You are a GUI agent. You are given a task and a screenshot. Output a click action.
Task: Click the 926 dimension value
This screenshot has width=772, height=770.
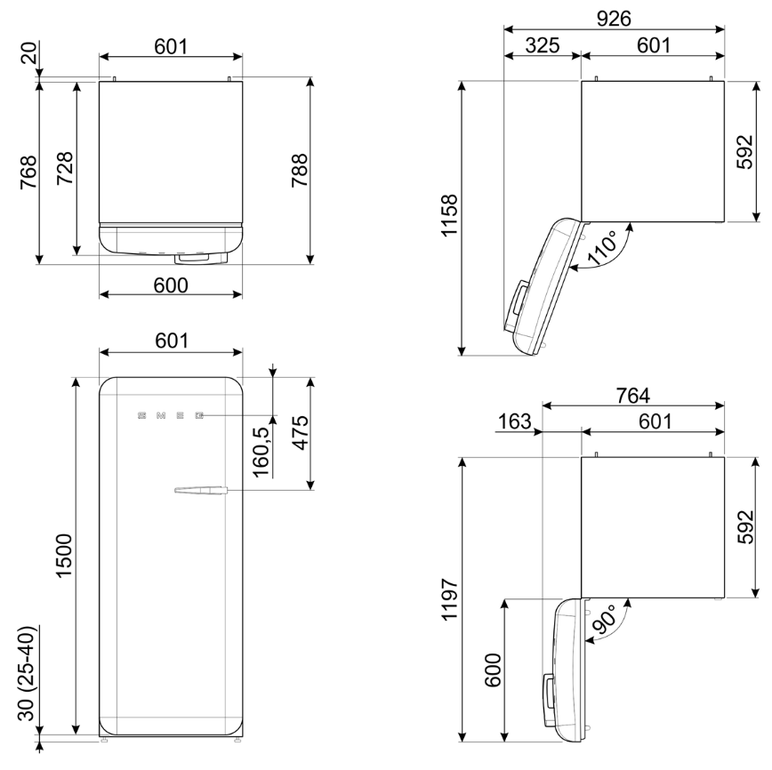click(614, 19)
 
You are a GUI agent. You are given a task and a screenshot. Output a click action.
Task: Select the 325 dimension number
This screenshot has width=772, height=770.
click(542, 45)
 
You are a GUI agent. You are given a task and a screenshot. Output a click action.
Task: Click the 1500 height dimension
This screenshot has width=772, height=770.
click(65, 556)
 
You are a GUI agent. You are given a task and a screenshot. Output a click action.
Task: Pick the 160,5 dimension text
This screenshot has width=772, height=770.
click(261, 452)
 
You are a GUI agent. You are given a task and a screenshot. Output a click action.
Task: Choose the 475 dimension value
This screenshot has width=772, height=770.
click(300, 433)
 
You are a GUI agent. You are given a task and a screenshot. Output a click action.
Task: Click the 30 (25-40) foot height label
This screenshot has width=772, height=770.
click(27, 674)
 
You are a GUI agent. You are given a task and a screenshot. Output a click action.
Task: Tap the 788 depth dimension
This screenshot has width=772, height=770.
click(300, 171)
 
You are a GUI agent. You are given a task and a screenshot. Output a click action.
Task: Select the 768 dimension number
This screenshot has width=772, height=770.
click(28, 172)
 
